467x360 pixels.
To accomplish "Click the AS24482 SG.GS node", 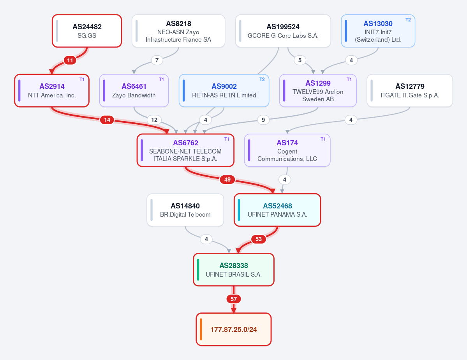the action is pos(87,31).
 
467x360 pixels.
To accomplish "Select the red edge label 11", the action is pos(70,60).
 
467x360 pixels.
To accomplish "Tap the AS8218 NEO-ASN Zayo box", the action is pos(178,31).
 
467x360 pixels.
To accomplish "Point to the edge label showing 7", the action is pos(157,60).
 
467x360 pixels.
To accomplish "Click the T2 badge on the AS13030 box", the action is pos(408,19).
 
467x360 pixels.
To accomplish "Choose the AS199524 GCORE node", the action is pos(283,31).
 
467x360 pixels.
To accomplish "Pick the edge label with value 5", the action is pos(300,60).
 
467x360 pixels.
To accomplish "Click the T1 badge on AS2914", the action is pos(82,79).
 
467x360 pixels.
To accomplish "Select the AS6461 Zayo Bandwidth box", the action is pos(134,91).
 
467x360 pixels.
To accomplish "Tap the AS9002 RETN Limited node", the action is pos(224,91).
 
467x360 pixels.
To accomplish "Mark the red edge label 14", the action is pos(107,120).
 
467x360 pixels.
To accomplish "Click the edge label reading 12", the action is pos(154,120).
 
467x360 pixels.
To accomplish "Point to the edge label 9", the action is pos(263,120).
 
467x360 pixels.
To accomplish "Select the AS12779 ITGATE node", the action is pos(410,91).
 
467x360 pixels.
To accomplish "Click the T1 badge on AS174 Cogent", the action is pos(323,139).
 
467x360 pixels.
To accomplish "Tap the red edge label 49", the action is pos(227,179).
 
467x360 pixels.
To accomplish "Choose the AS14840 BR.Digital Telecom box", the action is pos(185,210).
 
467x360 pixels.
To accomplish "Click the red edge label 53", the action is pos(259,239).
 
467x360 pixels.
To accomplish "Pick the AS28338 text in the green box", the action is pos(234,266).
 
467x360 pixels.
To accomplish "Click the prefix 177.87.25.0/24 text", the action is pos(234,329).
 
